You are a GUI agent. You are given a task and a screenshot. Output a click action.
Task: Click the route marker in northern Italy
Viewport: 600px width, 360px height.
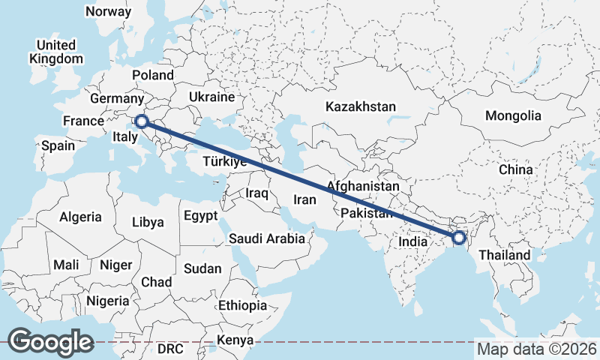[x=140, y=121]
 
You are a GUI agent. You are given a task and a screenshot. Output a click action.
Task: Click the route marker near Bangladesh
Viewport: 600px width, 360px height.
[x=459, y=238]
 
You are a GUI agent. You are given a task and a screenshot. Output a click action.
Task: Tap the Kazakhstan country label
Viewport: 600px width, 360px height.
[x=360, y=107]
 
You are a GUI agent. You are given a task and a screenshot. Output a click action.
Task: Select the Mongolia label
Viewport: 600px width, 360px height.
[x=513, y=115]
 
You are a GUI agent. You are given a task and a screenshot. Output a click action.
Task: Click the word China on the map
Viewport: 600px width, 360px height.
[x=515, y=169]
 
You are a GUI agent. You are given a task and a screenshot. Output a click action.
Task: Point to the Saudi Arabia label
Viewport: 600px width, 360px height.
[x=267, y=239]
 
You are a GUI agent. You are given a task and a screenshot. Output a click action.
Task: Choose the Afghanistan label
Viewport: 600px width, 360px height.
[x=363, y=186]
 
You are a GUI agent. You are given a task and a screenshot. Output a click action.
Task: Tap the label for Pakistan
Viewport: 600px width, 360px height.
[x=367, y=214]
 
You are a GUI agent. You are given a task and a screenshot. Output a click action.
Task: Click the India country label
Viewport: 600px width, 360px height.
[x=413, y=242]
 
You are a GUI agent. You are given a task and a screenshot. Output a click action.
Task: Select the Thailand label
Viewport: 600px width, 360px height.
[x=504, y=255]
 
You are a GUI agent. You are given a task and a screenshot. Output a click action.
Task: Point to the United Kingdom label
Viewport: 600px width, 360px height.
[x=56, y=52]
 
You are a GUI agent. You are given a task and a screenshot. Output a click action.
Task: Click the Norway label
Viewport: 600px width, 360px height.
[x=108, y=11]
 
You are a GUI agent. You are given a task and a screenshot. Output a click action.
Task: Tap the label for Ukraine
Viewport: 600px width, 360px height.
[x=212, y=97]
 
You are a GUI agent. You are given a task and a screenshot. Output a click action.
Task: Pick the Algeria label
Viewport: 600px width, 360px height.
[x=80, y=217]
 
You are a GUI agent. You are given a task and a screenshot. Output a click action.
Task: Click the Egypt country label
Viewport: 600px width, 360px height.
[x=200, y=216]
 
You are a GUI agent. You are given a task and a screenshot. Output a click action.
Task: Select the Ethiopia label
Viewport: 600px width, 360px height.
[x=242, y=305]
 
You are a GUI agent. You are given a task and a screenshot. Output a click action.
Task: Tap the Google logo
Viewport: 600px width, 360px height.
[x=50, y=341]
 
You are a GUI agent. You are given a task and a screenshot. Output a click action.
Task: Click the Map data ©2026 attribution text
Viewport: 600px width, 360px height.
[x=536, y=349]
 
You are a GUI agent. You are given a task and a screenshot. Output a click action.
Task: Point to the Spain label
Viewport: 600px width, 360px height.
[x=58, y=145]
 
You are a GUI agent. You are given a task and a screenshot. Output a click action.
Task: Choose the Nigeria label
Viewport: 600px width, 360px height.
[x=108, y=301]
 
